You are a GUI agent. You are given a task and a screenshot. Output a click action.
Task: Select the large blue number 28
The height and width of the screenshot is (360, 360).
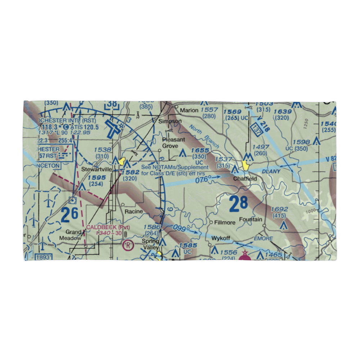click(238, 204)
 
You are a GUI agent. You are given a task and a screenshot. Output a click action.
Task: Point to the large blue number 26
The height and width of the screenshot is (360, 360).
click(69, 215)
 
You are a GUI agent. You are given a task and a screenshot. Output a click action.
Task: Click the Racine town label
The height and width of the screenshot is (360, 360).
click(134, 211)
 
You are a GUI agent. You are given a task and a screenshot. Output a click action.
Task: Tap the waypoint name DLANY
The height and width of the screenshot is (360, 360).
click(271, 172)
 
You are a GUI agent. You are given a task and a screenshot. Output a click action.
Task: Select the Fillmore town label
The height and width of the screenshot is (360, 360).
click(225, 222)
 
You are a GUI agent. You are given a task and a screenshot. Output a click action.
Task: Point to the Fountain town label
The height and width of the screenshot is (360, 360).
click(251, 219)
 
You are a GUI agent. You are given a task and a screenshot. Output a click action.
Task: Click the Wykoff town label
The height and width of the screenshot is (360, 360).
click(221, 238)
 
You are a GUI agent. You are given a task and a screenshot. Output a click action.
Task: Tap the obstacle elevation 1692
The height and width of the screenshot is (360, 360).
click(279, 209)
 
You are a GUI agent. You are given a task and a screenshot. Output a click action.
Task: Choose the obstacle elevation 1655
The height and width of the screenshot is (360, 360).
click(200, 150)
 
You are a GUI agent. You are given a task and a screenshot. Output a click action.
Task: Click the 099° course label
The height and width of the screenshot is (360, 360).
click(180, 229)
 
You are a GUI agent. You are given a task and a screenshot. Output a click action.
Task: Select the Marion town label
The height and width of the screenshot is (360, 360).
click(189, 110)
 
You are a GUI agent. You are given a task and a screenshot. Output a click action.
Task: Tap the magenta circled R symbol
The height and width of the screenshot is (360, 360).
click(128, 246)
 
